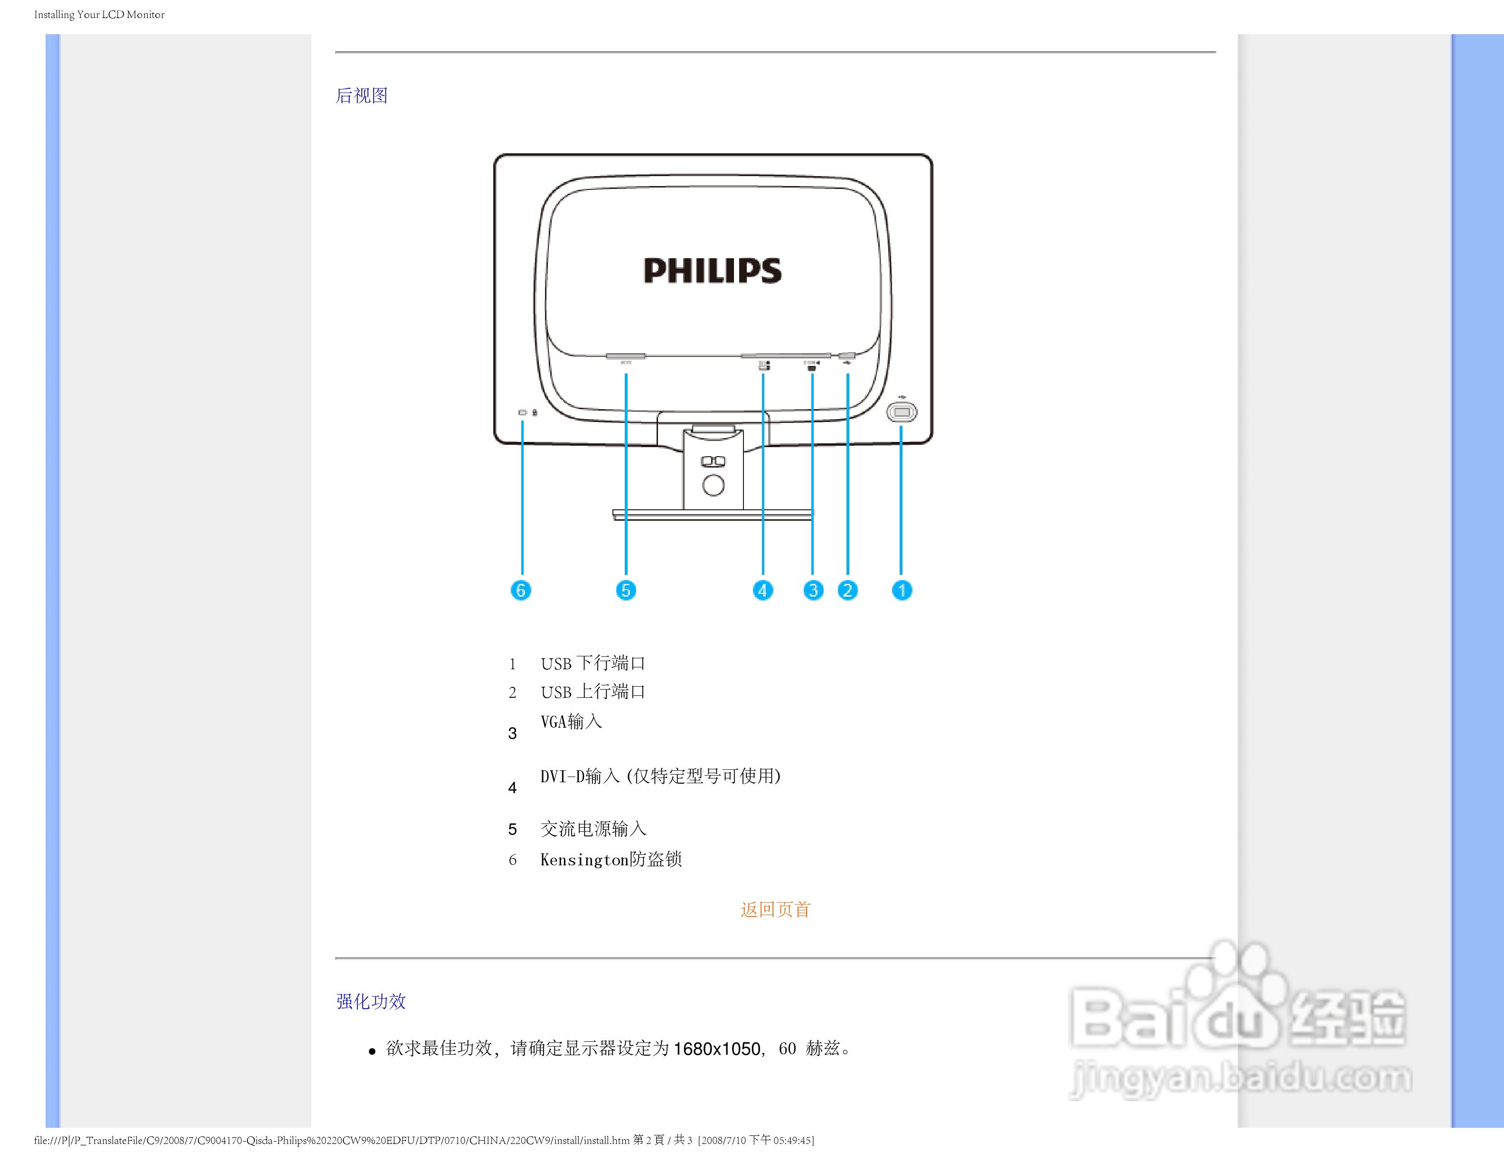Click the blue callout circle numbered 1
click(x=902, y=590)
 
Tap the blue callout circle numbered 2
click(x=848, y=590)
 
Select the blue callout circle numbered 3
click(x=813, y=590)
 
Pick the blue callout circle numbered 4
click(x=762, y=590)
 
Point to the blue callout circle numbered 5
click(x=625, y=590)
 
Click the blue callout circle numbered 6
click(x=521, y=590)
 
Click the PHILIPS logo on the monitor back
click(x=713, y=271)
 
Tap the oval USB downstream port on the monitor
click(x=902, y=412)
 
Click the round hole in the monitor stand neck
click(x=714, y=485)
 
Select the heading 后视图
click(x=362, y=96)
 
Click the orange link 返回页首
click(x=775, y=909)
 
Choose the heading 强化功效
click(x=371, y=1001)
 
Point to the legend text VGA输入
click(x=572, y=722)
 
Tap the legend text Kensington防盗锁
click(x=611, y=859)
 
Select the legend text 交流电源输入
click(x=593, y=829)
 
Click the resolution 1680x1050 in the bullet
click(x=717, y=1049)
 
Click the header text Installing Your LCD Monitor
click(x=99, y=14)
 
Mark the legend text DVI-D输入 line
click(x=660, y=777)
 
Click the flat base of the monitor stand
click(x=713, y=514)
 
